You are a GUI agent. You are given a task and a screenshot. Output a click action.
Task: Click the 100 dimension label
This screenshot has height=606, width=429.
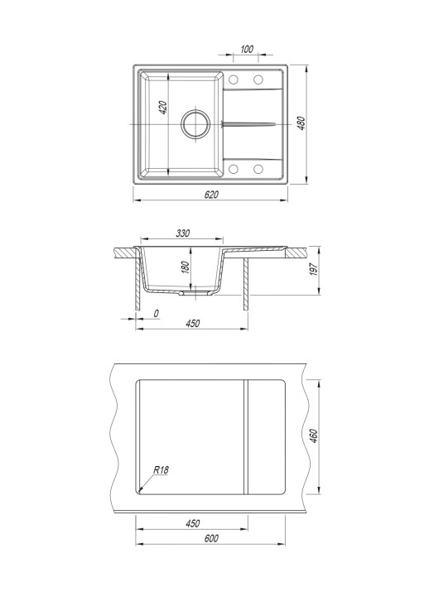pos(247,49)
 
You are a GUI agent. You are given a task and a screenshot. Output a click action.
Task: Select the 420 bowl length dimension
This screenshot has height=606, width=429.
pos(163,108)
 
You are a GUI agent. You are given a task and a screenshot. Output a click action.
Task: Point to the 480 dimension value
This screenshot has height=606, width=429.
pos(301,123)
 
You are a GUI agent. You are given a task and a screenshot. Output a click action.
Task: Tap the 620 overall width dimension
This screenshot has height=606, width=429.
pos(211,195)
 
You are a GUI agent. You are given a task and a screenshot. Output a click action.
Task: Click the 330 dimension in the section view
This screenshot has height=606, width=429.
pos(183,233)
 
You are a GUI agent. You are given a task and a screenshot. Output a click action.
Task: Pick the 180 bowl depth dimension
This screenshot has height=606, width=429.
pos(186,267)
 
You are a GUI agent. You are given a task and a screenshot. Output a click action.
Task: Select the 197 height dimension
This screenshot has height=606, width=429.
pos(314,269)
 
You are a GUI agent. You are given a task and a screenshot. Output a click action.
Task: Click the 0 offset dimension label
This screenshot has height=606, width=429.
pos(157,314)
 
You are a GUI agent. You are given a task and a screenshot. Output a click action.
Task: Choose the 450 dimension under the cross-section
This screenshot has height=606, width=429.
pos(192,323)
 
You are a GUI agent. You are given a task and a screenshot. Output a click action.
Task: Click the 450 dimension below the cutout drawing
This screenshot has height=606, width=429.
pos(192,523)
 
